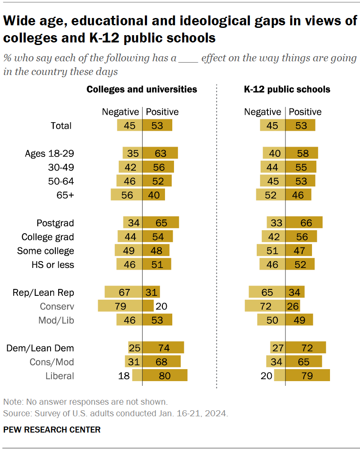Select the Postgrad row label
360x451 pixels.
pyautogui.click(x=55, y=223)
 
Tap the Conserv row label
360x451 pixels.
pyautogui.click(x=57, y=307)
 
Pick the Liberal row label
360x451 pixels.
pyautogui.click(x=60, y=376)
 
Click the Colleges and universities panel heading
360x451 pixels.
pyautogui.click(x=142, y=89)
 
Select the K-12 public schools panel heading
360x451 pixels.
pyautogui.click(x=287, y=89)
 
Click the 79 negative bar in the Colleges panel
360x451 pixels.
pyautogui.click(x=120, y=306)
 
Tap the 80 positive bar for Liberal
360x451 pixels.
pyautogui.click(x=165, y=376)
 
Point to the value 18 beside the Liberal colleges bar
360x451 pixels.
pyautogui.click(x=123, y=376)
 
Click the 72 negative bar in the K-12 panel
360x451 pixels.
pyautogui.click(x=265, y=306)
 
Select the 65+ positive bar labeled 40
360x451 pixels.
pyautogui.click(x=153, y=195)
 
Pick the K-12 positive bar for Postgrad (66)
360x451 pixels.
pyautogui.click(x=304, y=223)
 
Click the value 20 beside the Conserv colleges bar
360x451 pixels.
pyautogui.click(x=162, y=306)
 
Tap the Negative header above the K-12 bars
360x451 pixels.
pyautogui.click(x=262, y=112)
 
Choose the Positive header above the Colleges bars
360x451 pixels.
pyautogui.click(x=162, y=112)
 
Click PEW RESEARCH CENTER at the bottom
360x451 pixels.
pyautogui.click(x=52, y=430)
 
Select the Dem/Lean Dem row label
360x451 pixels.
pyautogui.click(x=40, y=348)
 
